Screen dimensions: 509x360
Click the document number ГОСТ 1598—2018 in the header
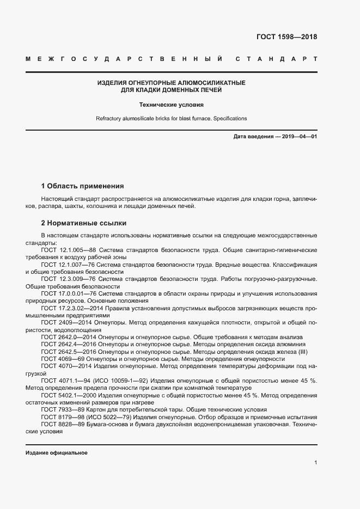[x=286, y=37]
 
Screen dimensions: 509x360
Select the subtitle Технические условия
[x=171, y=104]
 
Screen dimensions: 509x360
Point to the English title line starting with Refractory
[x=171, y=118]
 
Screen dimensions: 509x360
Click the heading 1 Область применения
[x=82, y=186]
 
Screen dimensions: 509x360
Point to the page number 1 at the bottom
[x=315, y=462]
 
